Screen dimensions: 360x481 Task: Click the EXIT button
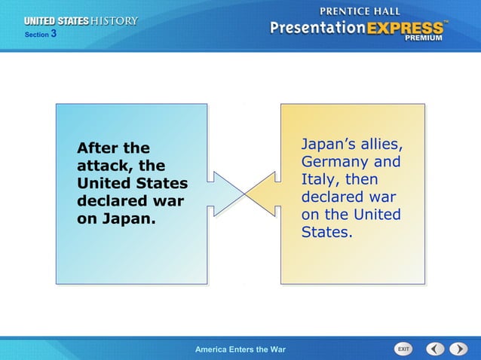(404, 349)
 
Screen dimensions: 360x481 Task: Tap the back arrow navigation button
(435, 349)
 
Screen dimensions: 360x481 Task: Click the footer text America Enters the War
(240, 349)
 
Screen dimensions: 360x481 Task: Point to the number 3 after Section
(54, 34)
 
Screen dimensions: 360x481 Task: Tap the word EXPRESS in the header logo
(405, 28)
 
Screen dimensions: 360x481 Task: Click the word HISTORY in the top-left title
(115, 21)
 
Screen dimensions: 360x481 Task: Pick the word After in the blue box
(99, 148)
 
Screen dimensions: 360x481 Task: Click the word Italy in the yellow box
(321, 181)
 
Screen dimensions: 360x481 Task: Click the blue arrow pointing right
(225, 193)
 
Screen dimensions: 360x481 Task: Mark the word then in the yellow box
(362, 181)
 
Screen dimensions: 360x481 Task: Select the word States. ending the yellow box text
(327, 233)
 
